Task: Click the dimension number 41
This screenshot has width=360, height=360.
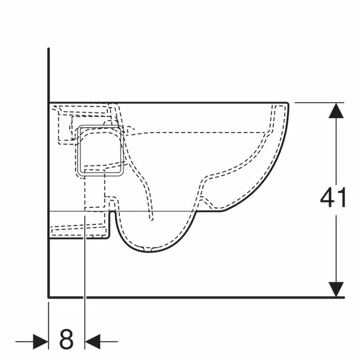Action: [x=333, y=198]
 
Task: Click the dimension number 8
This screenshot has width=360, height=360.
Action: [x=66, y=340]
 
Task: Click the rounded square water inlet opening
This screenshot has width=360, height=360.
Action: [x=100, y=151]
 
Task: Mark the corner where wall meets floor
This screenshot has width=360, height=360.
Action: [x=48, y=297]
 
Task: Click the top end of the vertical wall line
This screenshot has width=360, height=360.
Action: [x=48, y=49]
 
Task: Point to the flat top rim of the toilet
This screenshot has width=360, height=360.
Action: [x=179, y=102]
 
